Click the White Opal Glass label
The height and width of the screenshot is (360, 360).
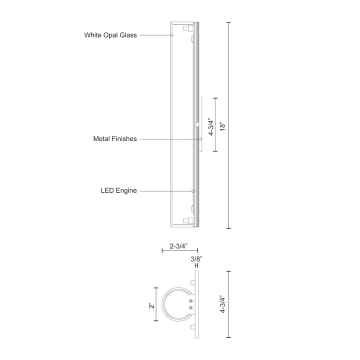[110, 35]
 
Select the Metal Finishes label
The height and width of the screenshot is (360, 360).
[115, 139]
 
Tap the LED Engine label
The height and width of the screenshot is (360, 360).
[119, 190]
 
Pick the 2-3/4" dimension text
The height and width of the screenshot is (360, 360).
[179, 246]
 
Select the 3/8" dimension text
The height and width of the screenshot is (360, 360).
[196, 258]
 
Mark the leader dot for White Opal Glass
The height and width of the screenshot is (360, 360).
[171, 35]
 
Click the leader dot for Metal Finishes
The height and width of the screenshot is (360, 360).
[200, 139]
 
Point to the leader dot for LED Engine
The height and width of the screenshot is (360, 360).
[193, 190]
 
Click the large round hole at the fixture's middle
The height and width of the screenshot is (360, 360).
[197, 123]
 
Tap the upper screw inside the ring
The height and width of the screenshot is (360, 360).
[191, 301]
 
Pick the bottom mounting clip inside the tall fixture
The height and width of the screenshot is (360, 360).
[188, 219]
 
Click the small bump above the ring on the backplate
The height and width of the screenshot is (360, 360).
[192, 283]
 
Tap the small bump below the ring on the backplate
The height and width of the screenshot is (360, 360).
[192, 327]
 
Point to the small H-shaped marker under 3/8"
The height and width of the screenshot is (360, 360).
[196, 266]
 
